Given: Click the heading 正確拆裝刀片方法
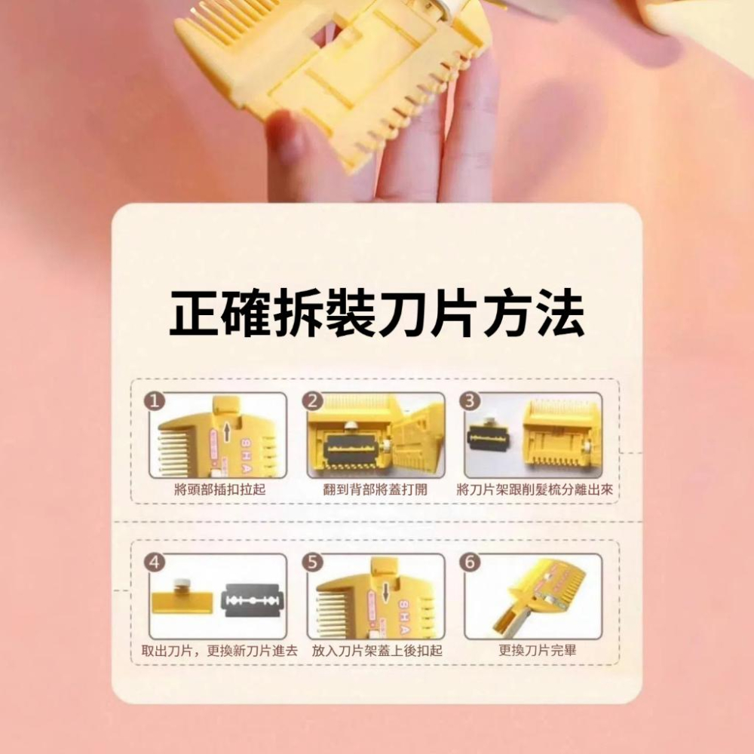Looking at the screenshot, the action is [x=377, y=314].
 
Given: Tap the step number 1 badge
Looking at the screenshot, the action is [x=155, y=401].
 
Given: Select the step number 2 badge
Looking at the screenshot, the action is [x=313, y=401].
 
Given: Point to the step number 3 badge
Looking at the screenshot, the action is [x=470, y=401].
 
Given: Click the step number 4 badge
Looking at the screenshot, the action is [x=155, y=562].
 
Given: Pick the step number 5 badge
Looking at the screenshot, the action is [x=313, y=562].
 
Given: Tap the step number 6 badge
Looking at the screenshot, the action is [x=470, y=562].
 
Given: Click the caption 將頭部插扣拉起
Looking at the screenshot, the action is [x=219, y=489].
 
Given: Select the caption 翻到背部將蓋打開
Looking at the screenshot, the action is [x=375, y=489].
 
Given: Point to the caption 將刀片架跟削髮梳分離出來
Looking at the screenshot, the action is [x=535, y=489].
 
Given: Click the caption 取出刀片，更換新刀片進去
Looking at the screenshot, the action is [x=219, y=651].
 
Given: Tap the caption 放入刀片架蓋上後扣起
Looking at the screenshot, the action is [x=377, y=651].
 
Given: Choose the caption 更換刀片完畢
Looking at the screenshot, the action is [x=537, y=651].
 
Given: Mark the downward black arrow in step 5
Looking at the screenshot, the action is [x=385, y=593].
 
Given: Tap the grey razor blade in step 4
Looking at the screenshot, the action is [x=252, y=601].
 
